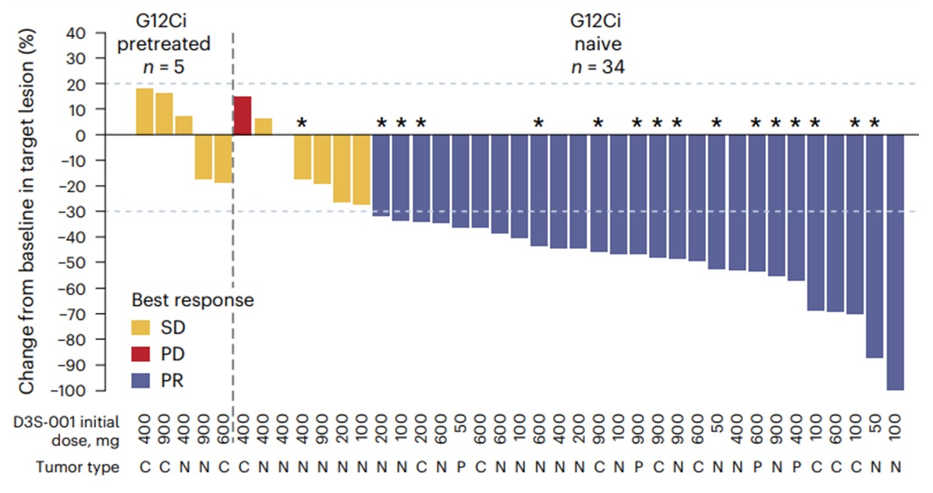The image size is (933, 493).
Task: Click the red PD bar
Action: click(243, 115)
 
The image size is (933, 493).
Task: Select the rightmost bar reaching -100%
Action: click(895, 262)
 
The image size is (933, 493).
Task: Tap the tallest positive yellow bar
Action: click(144, 112)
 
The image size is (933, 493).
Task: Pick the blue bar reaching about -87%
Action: click(874, 246)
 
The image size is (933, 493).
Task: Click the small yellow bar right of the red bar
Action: click(263, 126)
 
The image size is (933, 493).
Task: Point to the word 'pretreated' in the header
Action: click(164, 44)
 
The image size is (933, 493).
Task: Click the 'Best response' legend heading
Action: click(192, 300)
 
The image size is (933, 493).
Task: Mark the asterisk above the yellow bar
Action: click(302, 122)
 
